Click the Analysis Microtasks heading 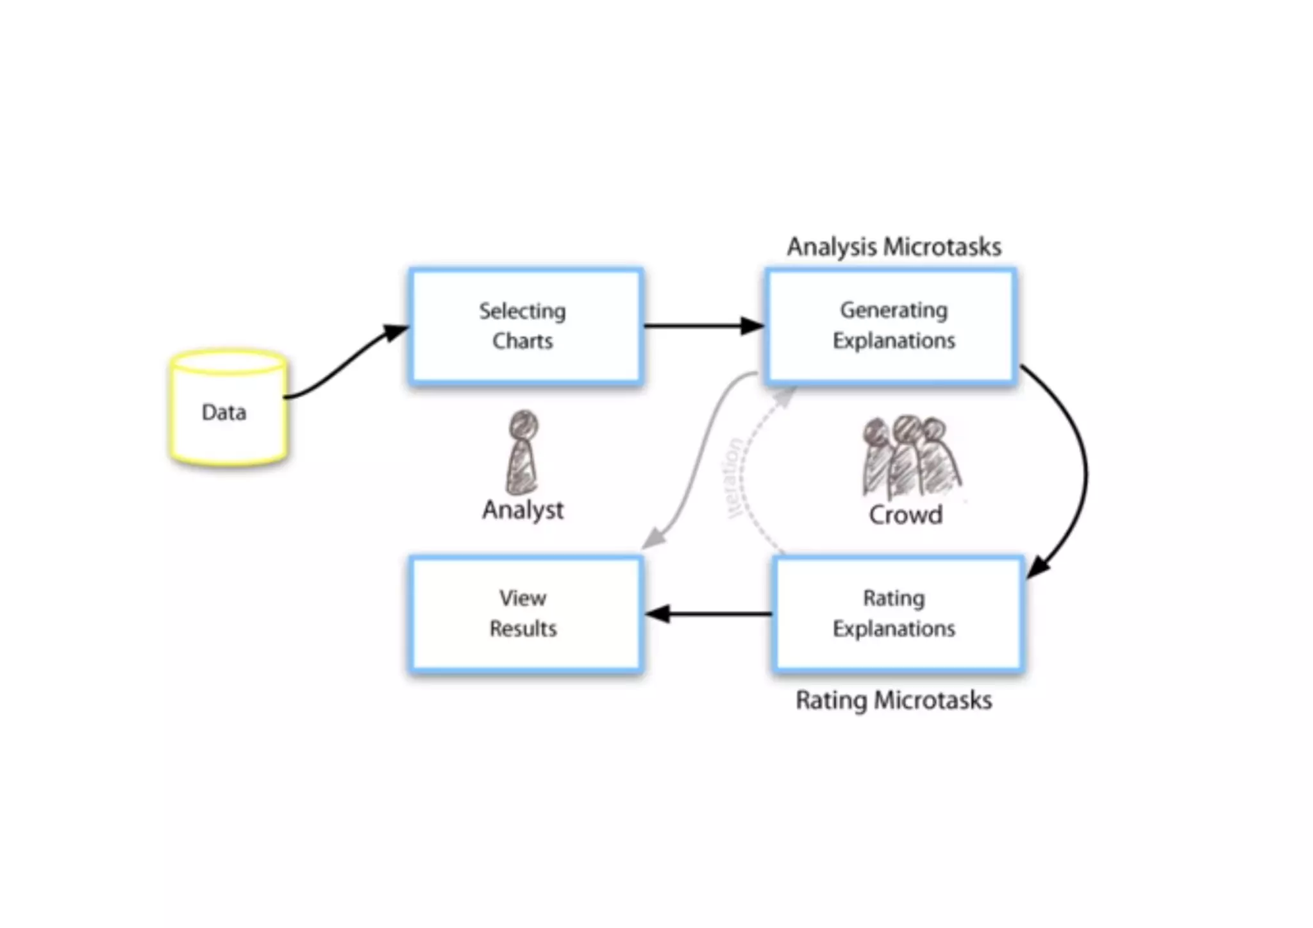pyautogui.click(x=894, y=247)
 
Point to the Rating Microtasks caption pyautogui.click(x=894, y=700)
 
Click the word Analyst pyautogui.click(x=523, y=510)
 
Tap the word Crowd pyautogui.click(x=905, y=514)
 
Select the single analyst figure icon pyautogui.click(x=523, y=453)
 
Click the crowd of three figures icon pyautogui.click(x=910, y=457)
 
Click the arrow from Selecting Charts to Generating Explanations pyautogui.click(x=702, y=326)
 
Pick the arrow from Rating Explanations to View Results pyautogui.click(x=708, y=614)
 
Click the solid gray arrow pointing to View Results pyautogui.click(x=696, y=462)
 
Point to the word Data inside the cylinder pyautogui.click(x=224, y=412)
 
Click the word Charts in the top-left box pyautogui.click(x=523, y=341)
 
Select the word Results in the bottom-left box pyautogui.click(x=523, y=628)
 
